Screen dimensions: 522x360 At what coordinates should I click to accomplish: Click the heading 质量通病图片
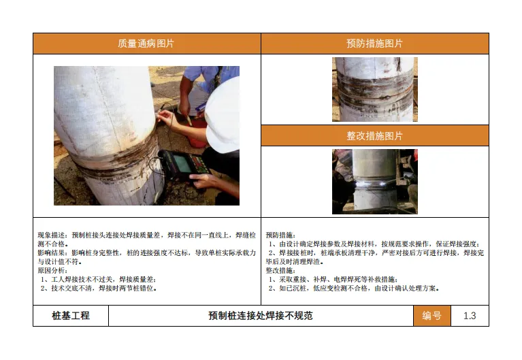point(146,44)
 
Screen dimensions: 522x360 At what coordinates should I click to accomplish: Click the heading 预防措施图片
point(374,44)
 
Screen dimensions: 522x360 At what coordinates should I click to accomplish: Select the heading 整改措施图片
point(374,135)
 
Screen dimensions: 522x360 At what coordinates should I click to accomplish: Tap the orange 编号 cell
point(431,315)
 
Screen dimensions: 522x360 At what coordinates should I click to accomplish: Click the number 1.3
point(470,315)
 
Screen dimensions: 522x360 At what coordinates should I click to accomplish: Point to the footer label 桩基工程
point(71,315)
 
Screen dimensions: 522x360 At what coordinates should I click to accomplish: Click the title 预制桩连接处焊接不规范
point(261,315)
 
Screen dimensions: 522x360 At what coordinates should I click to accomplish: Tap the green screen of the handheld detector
point(183,163)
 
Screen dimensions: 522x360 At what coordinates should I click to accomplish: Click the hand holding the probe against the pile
point(165,116)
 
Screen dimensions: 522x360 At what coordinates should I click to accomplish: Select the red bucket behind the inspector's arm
point(197,133)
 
